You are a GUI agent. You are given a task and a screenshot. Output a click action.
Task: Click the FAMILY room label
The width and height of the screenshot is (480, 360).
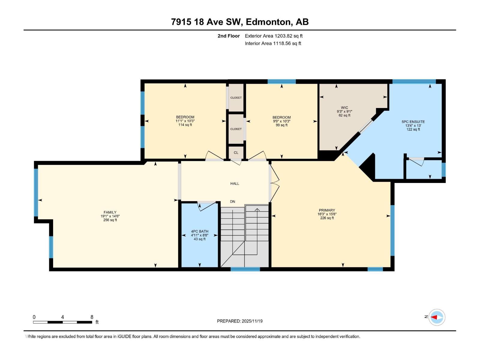[x=110, y=212]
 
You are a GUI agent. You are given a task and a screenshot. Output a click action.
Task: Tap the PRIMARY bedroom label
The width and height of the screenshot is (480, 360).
[x=327, y=210]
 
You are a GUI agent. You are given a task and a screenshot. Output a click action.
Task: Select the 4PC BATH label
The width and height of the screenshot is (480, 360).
[x=199, y=231]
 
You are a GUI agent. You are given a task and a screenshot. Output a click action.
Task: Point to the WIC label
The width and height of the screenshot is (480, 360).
[x=344, y=108]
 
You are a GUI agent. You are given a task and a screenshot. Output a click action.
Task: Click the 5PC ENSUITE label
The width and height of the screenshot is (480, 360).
[x=413, y=122]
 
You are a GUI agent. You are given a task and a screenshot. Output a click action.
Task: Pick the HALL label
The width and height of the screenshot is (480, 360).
[x=235, y=184]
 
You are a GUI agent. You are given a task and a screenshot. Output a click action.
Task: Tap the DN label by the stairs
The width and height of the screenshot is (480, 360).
[x=232, y=202]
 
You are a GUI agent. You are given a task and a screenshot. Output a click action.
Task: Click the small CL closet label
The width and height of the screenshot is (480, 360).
[x=236, y=153]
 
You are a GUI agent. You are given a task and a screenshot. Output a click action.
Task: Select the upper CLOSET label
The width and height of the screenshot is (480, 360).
[x=236, y=98]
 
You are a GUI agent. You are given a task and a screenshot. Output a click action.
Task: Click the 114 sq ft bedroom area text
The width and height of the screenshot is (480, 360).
[x=185, y=125]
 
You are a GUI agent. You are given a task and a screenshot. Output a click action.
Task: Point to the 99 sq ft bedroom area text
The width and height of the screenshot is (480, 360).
[x=281, y=125]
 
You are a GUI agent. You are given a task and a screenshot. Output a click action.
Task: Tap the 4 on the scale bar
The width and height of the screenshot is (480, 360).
[x=62, y=317]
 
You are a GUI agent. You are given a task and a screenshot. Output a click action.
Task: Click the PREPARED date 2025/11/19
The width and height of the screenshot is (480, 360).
[x=240, y=321]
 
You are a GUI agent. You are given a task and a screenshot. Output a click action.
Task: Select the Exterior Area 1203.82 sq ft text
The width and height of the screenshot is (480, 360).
[x=274, y=36]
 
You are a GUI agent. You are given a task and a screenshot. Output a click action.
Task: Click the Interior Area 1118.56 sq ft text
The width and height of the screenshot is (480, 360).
[x=273, y=43]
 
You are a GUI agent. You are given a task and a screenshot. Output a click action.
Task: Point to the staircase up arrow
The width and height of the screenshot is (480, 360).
[x=257, y=209]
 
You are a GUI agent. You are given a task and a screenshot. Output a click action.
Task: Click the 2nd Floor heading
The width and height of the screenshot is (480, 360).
[x=229, y=36]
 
